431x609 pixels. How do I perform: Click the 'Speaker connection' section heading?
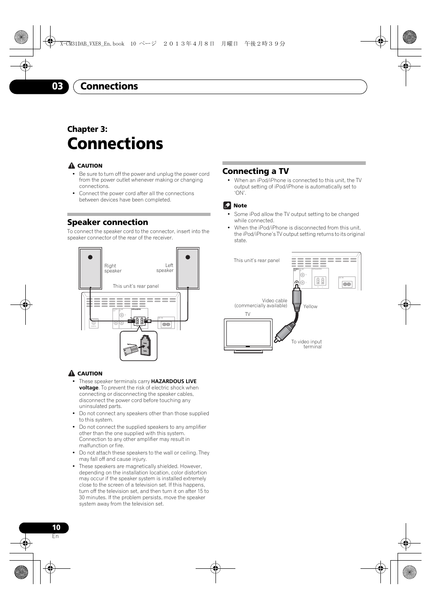[x=108, y=222]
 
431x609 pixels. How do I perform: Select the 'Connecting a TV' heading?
[x=255, y=171]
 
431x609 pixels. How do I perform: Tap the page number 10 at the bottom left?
[x=56, y=527]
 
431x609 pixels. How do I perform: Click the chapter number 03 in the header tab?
[x=57, y=86]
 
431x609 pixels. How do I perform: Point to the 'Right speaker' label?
[x=112, y=268]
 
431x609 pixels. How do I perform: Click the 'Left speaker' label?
[x=165, y=268]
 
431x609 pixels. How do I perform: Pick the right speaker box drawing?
[x=90, y=268]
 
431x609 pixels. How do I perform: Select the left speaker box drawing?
[x=187, y=268]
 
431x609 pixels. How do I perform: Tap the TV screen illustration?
[x=248, y=333]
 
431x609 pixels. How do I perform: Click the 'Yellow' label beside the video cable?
[x=310, y=306]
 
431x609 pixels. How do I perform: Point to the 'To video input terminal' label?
[x=307, y=344]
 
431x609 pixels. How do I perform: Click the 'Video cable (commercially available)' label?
[x=261, y=303]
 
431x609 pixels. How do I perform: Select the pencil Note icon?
[x=227, y=206]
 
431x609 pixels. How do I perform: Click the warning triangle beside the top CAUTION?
[x=71, y=165]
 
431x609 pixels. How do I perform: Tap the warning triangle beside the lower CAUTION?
[x=71, y=373]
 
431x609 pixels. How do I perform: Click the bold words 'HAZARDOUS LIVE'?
[x=173, y=381]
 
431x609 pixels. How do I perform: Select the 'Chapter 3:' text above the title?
[x=87, y=129]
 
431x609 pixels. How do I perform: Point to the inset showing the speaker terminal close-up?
[x=138, y=346]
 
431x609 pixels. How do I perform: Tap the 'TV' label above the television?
[x=248, y=314]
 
